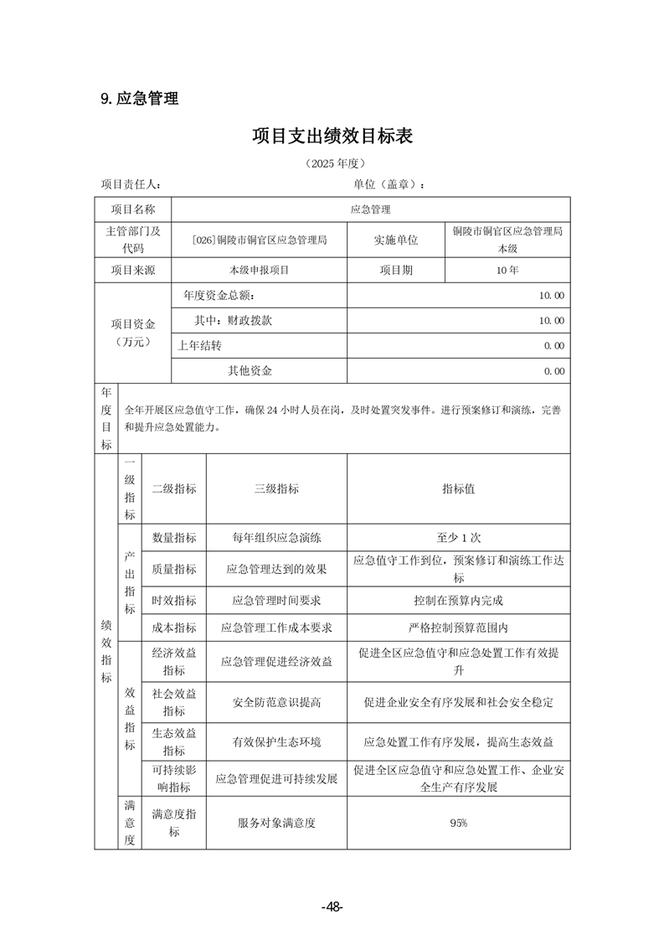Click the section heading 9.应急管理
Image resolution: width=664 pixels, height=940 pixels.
click(x=139, y=99)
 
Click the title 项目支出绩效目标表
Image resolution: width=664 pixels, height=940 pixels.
click(x=332, y=137)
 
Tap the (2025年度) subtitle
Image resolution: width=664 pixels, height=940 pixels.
click(x=332, y=163)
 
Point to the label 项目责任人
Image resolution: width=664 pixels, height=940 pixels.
click(x=131, y=184)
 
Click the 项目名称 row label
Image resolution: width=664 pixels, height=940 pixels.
click(x=133, y=209)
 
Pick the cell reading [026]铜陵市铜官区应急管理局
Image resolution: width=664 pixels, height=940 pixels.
click(x=259, y=240)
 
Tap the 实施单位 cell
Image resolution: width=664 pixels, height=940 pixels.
click(x=395, y=240)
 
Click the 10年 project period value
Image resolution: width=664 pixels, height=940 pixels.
click(x=507, y=270)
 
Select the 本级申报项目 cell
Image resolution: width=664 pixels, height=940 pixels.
click(x=259, y=270)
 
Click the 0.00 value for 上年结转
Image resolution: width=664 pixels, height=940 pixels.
click(x=553, y=345)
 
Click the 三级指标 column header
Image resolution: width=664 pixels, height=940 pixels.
click(x=276, y=488)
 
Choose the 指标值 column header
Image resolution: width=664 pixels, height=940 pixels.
click(x=458, y=488)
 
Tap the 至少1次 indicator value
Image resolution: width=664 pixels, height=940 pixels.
click(x=458, y=538)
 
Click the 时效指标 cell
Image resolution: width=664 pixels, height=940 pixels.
click(x=174, y=600)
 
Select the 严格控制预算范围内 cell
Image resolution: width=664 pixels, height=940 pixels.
click(x=458, y=627)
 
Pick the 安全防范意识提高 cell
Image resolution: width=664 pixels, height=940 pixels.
click(x=276, y=702)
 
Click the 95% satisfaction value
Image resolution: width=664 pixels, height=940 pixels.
click(x=458, y=823)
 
